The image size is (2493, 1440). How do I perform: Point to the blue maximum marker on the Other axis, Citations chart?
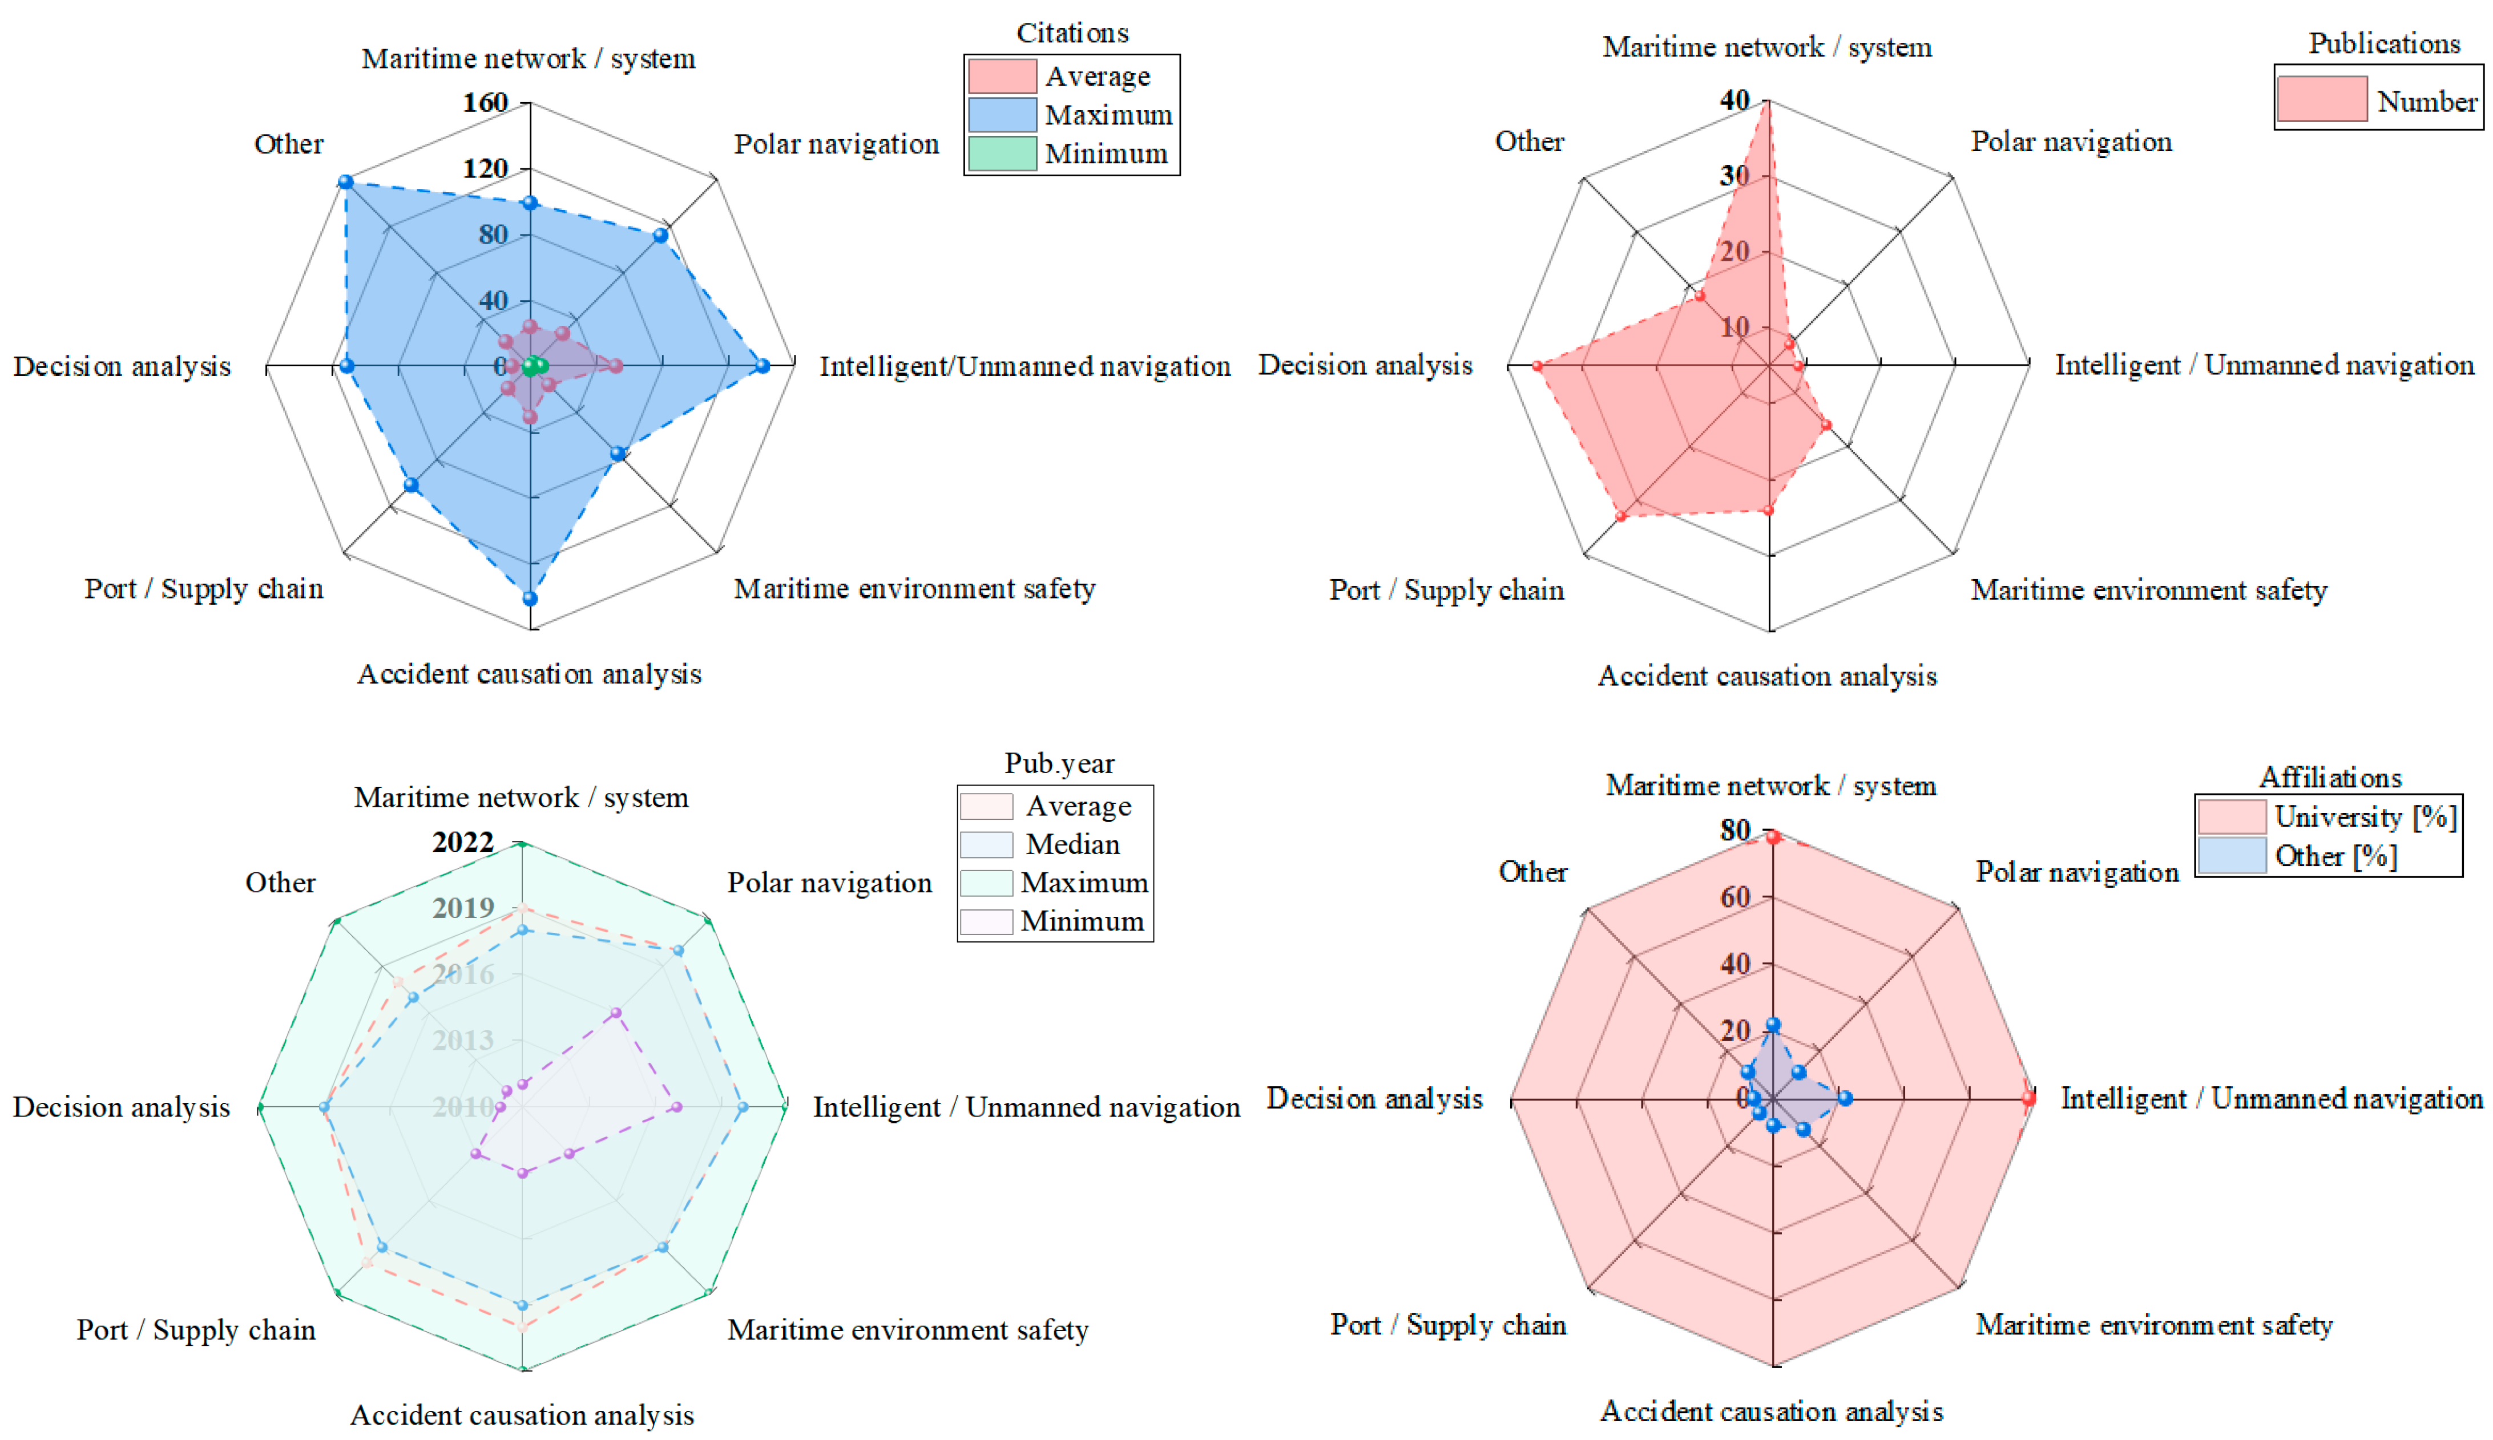345,182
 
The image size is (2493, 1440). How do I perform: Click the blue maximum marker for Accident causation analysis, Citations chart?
530,598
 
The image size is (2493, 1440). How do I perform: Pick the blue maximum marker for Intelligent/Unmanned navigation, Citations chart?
762,366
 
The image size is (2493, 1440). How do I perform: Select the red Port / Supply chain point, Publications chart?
1620,516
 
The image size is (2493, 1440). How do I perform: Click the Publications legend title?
2383,43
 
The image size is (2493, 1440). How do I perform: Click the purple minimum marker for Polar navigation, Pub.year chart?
615,1013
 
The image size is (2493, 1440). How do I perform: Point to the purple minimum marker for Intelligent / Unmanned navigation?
677,1108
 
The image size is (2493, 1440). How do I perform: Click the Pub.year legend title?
1059,763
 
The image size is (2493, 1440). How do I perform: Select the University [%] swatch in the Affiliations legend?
2231,817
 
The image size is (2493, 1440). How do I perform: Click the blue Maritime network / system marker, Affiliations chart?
1773,1026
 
